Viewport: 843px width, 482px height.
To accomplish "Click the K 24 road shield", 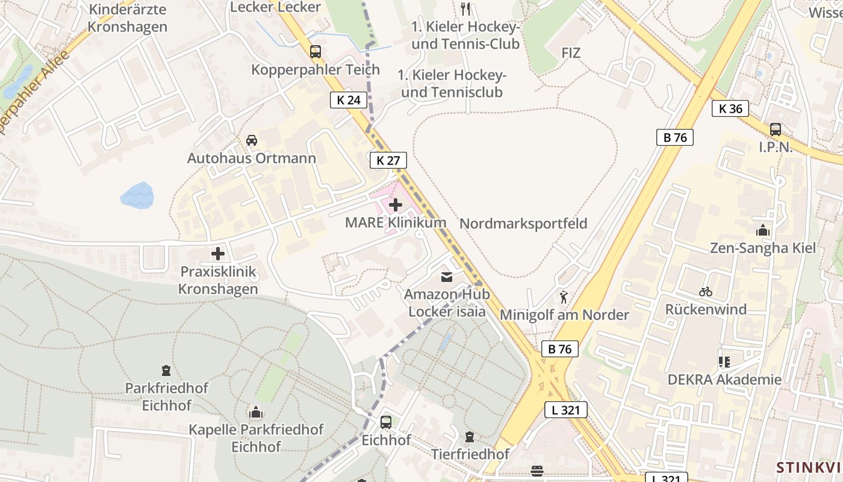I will point(349,100).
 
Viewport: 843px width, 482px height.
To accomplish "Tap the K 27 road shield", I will point(388,160).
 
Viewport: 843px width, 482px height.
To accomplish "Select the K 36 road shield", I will point(731,108).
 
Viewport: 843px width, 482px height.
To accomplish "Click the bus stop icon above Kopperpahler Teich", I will point(316,52).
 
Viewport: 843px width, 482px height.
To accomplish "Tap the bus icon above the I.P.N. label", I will point(776,129).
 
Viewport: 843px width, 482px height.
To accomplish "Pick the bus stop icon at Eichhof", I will point(386,422).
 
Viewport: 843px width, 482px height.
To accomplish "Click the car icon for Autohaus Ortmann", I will point(252,140).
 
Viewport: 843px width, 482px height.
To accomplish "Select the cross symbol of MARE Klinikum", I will point(396,205).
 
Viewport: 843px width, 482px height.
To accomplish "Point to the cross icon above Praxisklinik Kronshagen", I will point(218,254).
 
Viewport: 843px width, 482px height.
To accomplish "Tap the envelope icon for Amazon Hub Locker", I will point(447,277).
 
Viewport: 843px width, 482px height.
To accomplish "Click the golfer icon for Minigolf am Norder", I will point(564,297).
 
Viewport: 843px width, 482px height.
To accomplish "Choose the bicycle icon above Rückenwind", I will point(706,292).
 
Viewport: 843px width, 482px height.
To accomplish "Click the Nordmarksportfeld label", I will point(523,224).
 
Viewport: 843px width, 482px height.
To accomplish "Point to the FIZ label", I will point(571,53).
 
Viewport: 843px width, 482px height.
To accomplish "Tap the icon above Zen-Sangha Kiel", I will point(763,230).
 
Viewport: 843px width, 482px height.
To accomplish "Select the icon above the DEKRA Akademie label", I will point(724,362).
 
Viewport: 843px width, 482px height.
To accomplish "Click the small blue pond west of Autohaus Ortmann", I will point(137,196).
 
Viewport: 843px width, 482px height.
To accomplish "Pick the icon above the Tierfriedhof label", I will point(470,437).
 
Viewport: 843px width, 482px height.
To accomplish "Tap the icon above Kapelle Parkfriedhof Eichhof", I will point(256,413).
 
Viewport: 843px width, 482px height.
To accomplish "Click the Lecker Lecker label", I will point(276,7).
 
